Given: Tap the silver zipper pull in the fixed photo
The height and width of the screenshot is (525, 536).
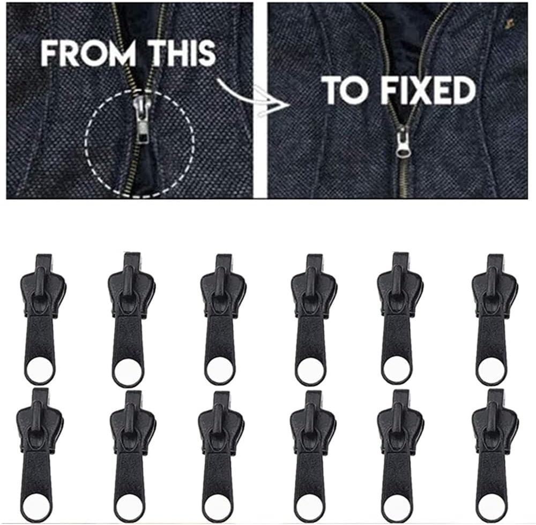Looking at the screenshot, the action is pos(403,141).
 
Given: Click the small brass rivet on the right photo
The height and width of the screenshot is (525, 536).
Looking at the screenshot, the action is pos(509,23).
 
